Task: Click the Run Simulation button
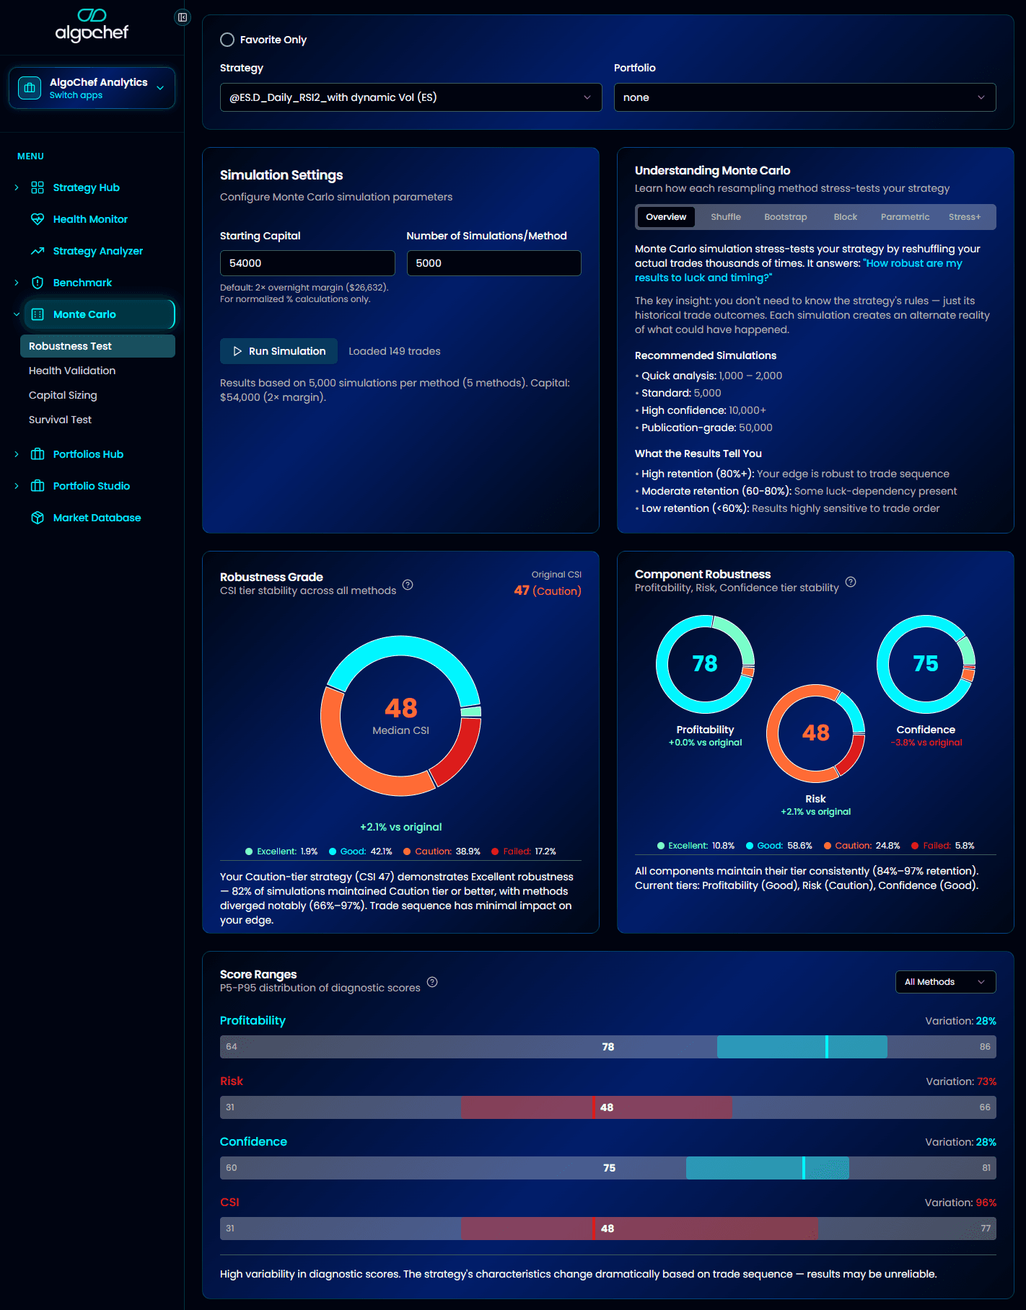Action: click(279, 351)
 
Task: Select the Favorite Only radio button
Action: click(227, 40)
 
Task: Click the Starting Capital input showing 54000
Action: click(307, 263)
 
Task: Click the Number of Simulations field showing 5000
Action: click(494, 263)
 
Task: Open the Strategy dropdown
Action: click(411, 97)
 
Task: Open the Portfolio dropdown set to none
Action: click(804, 97)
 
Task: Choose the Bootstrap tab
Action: click(785, 217)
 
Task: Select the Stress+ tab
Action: click(964, 217)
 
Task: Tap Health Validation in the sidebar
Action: click(72, 371)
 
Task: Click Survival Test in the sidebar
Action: click(61, 420)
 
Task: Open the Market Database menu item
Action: click(97, 518)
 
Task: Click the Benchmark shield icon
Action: click(38, 283)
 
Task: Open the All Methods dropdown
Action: click(945, 982)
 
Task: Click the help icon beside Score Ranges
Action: click(432, 982)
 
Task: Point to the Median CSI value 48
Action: click(400, 708)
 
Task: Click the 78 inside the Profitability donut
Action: click(705, 663)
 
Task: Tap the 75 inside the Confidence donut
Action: click(926, 663)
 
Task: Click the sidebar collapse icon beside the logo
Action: click(183, 17)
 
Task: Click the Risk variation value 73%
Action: click(986, 1081)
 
